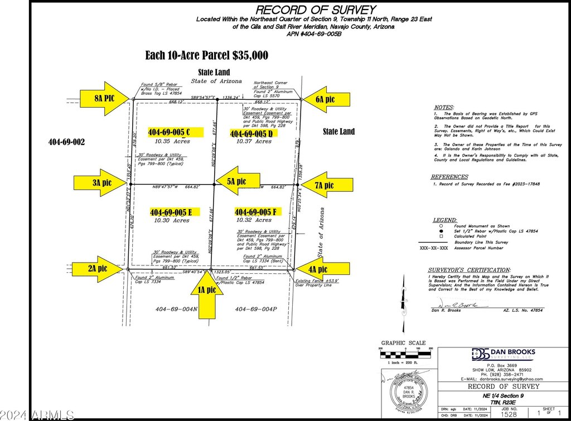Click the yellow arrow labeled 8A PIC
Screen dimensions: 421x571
[105, 99]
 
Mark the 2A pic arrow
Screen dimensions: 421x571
[99, 268]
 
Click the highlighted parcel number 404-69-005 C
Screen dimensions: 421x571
[170, 133]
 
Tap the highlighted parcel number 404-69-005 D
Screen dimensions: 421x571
[251, 134]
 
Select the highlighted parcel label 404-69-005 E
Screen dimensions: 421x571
[171, 212]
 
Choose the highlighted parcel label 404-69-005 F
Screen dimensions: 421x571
[256, 212]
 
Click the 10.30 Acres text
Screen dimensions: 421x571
[171, 221]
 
